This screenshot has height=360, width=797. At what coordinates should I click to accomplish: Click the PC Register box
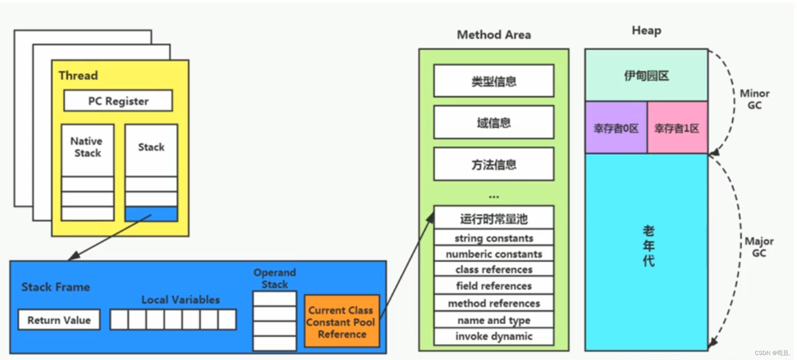pos(118,101)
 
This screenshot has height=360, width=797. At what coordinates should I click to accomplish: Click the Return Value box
pos(59,320)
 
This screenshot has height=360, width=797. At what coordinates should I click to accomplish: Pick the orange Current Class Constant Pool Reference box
pos(341,322)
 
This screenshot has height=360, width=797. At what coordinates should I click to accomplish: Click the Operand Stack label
pos(275,278)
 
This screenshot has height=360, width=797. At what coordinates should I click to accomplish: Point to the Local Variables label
pos(180,299)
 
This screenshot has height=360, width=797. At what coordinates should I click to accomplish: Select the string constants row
pos(493,238)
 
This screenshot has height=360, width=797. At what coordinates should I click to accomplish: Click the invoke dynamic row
pos(493,336)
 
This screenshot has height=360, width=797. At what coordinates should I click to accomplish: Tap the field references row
pos(493,286)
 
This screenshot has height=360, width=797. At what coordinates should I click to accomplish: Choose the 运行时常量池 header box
pos(493,219)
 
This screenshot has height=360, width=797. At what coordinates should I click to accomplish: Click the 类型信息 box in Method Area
pos(493,81)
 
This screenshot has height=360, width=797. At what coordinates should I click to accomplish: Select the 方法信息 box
pos(493,164)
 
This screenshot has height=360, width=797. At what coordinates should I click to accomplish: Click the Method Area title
pos(493,35)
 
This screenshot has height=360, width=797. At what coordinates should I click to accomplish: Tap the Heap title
pos(646,31)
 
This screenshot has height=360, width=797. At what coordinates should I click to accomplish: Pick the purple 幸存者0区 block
pos(616,128)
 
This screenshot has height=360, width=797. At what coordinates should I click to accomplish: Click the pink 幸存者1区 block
pos(677,128)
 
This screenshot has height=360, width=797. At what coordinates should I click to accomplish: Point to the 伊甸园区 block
pos(646,75)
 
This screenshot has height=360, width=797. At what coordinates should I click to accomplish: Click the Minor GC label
pos(754,99)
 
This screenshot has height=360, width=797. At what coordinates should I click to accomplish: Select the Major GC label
pos(759,247)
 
